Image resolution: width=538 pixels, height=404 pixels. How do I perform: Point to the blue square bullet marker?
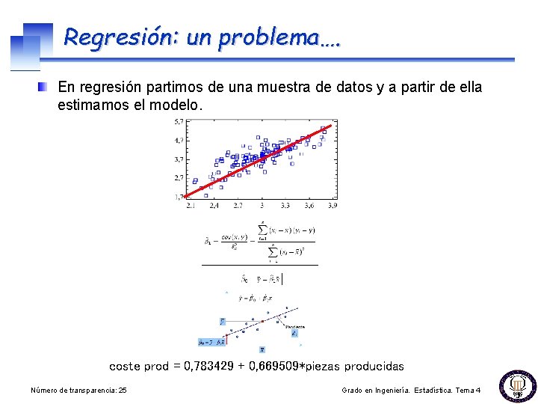coord(44,87)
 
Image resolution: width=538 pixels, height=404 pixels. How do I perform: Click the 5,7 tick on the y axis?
coord(179,121)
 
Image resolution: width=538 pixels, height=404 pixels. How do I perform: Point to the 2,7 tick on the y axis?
coord(179,178)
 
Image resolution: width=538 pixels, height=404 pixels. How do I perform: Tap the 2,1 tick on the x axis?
coord(191,205)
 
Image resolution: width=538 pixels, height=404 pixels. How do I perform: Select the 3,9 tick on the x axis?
coord(331,205)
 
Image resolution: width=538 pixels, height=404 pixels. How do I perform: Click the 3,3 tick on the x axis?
coord(285,205)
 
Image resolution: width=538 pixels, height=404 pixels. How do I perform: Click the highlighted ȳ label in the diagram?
coord(221,321)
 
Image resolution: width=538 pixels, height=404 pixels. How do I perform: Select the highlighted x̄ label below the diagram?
coord(262,349)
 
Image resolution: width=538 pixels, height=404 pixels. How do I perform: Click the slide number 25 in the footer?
coord(123,391)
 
